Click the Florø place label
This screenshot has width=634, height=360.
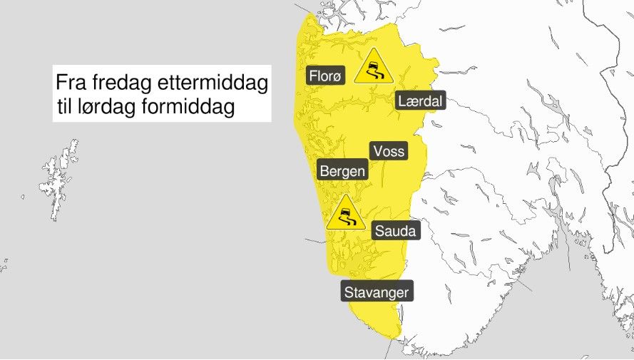[x=325, y=76]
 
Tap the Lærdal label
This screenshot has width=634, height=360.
[x=420, y=102]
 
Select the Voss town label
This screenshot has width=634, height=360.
[x=388, y=151]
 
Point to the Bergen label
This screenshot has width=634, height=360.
[x=342, y=171]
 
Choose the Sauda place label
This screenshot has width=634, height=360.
[x=394, y=231]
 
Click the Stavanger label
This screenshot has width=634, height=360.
[x=376, y=292]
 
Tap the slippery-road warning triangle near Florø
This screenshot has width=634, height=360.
[x=373, y=67]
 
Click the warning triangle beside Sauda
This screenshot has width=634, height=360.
[x=346, y=214]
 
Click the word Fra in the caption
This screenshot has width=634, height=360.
[x=71, y=83]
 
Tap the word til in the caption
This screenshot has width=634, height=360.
[x=68, y=108]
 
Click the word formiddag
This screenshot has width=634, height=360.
[x=193, y=108]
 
